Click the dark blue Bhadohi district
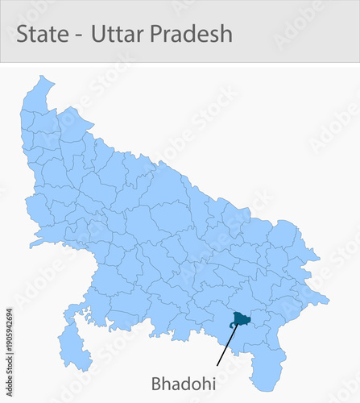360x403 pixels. click(x=241, y=319)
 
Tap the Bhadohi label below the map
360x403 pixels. click(x=183, y=382)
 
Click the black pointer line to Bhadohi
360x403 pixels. click(x=226, y=347)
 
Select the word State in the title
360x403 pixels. click(x=43, y=34)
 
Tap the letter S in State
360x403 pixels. click(x=23, y=34)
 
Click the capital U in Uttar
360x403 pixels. click(x=98, y=34)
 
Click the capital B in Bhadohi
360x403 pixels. click(x=156, y=382)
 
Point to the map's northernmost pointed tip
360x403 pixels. click(x=41, y=77)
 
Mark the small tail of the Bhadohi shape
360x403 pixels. click(x=231, y=326)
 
